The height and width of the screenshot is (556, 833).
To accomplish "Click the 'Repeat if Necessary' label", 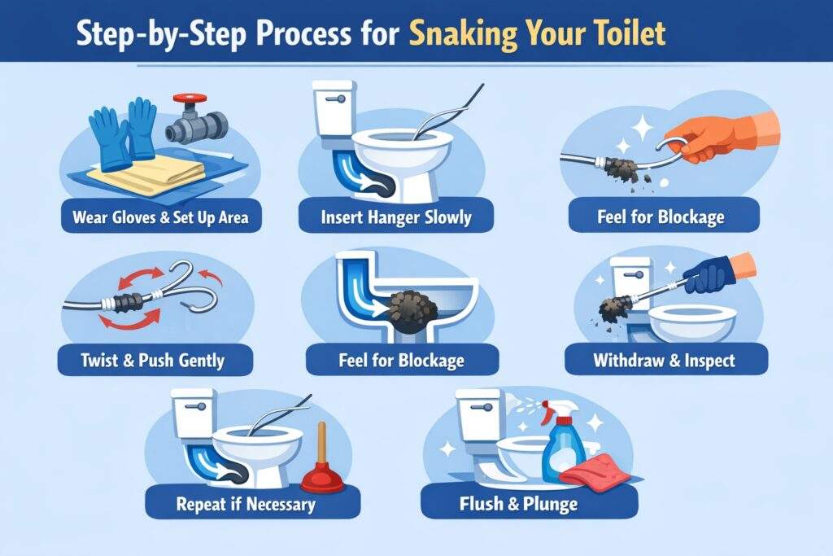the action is pyautogui.click(x=245, y=504).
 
